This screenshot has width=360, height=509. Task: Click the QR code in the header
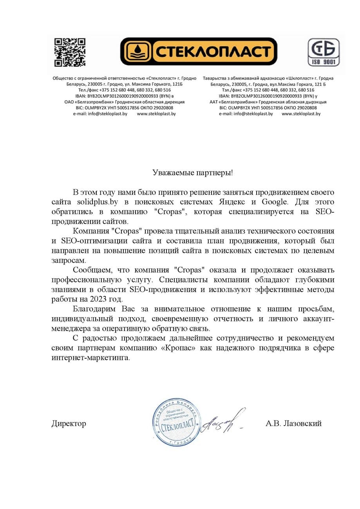coord(70,52)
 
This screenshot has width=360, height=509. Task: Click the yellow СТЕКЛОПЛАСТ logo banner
coord(198,52)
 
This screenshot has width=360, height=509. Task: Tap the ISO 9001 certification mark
coord(323,52)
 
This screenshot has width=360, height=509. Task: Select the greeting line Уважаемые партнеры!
coord(193,173)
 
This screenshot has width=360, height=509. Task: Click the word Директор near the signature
coord(69,423)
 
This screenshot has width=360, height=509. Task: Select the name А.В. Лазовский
coord(293,423)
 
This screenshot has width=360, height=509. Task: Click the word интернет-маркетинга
coord(90,357)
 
